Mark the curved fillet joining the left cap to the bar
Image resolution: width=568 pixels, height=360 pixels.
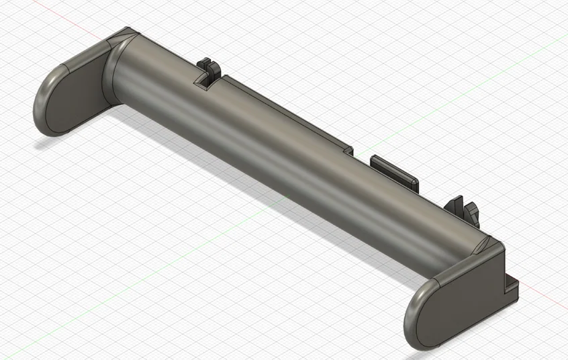[111, 74]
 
